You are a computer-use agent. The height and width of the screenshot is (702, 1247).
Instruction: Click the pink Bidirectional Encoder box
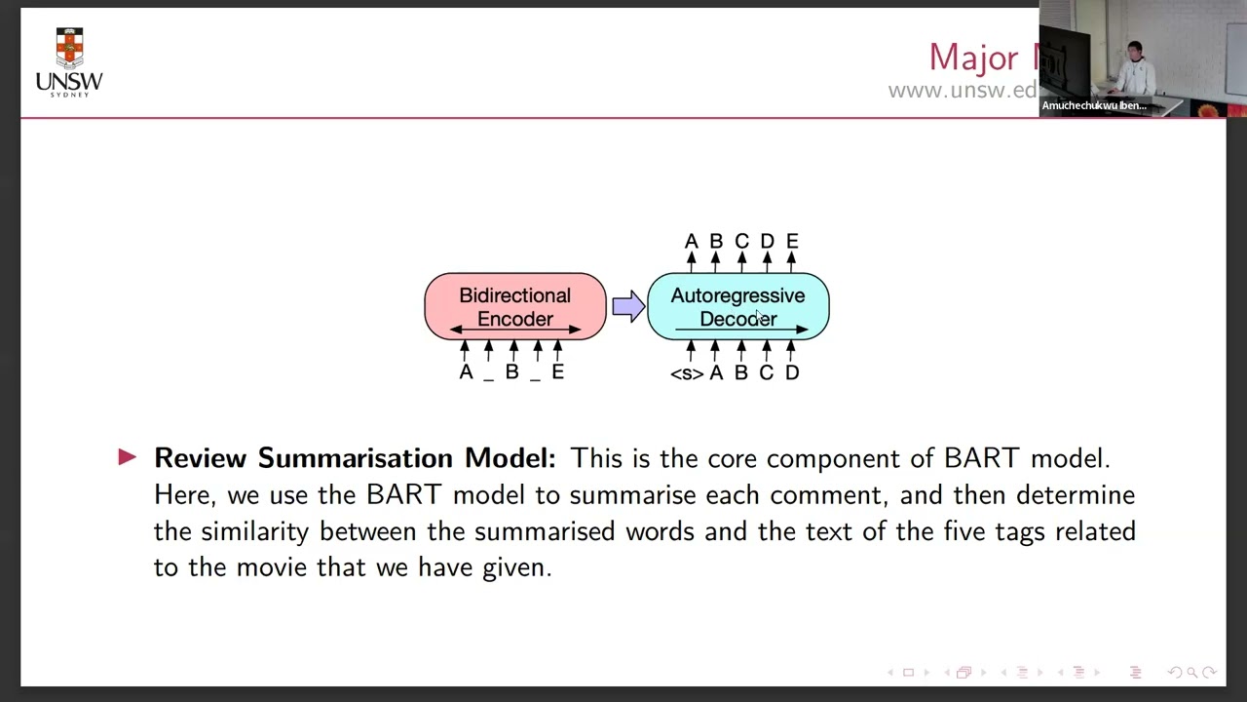click(x=514, y=306)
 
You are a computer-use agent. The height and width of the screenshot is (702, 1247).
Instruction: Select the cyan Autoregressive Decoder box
click(x=737, y=306)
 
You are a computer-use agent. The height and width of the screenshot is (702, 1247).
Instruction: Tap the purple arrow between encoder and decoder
click(x=627, y=306)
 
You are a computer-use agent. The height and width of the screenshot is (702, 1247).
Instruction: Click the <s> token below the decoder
click(x=686, y=373)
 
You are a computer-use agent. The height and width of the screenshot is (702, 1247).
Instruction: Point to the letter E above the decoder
click(x=792, y=241)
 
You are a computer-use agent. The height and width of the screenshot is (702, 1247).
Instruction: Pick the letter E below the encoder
click(x=557, y=371)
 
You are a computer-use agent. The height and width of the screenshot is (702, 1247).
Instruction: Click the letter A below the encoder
click(x=466, y=371)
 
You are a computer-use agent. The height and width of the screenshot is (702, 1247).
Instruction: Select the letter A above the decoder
click(x=691, y=241)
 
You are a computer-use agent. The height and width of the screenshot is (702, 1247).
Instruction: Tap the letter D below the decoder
click(x=792, y=372)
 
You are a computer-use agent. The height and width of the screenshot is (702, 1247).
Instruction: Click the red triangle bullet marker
click(x=128, y=456)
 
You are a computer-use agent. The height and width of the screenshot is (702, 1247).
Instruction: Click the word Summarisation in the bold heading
click(x=356, y=458)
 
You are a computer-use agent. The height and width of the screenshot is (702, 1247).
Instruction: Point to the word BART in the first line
click(x=983, y=458)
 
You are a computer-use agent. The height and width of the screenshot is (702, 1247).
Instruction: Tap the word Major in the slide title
click(x=972, y=58)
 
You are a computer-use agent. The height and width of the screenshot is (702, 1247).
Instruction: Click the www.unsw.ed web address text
click(x=962, y=91)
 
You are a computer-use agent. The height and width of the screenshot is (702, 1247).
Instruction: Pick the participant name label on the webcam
click(x=1093, y=105)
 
